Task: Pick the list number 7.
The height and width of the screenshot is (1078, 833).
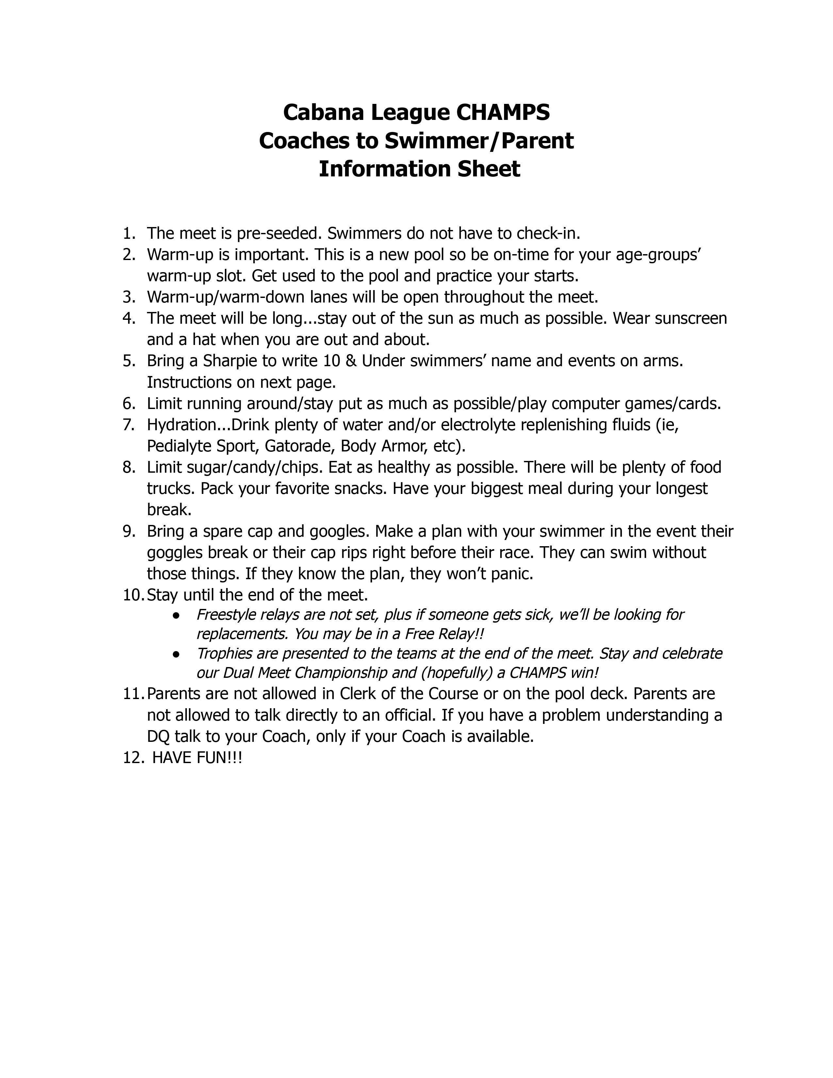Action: (x=128, y=425)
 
